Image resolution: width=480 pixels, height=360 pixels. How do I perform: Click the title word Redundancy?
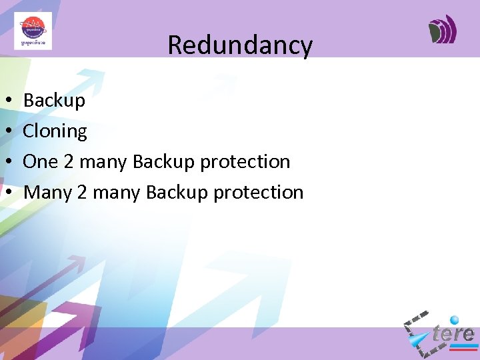[x=240, y=45]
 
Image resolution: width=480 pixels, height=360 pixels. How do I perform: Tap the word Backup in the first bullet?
[x=54, y=101]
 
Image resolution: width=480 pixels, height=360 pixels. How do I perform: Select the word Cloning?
[x=55, y=131]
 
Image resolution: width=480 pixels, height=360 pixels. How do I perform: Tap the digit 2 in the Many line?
[x=82, y=192]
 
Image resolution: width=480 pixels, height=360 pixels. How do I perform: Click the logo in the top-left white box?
[x=33, y=31]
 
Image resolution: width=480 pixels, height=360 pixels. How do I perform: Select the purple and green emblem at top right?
[x=443, y=30]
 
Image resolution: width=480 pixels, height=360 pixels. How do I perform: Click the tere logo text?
[x=453, y=333]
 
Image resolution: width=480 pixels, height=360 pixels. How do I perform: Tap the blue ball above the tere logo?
[x=455, y=319]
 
